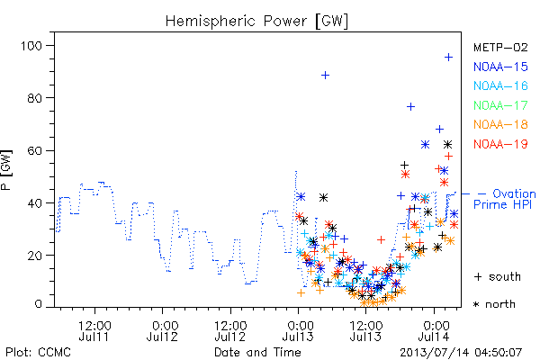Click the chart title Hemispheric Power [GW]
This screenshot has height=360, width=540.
click(x=256, y=22)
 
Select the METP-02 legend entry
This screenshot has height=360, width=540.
click(x=500, y=47)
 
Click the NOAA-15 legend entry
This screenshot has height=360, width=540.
click(x=500, y=67)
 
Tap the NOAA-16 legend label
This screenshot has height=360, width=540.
click(x=500, y=85)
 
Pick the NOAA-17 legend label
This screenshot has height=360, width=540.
click(x=500, y=105)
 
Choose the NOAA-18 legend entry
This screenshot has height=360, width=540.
click(x=500, y=124)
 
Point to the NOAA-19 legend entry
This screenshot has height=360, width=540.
click(x=500, y=144)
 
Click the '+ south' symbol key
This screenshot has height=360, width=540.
click(x=498, y=276)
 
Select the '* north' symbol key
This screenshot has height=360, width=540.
click(x=494, y=304)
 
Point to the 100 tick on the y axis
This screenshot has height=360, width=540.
click(x=31, y=46)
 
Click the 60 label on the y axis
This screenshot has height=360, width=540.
click(x=34, y=150)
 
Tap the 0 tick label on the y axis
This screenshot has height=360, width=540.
click(x=38, y=304)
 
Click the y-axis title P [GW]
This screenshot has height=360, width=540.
click(x=6, y=170)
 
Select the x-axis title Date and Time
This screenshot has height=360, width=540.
click(x=257, y=352)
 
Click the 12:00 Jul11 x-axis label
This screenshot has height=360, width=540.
click(x=94, y=331)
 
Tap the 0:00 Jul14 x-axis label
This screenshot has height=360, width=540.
click(x=435, y=331)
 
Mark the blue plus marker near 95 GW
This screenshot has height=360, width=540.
click(x=448, y=58)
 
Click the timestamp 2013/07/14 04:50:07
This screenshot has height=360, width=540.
click(x=461, y=353)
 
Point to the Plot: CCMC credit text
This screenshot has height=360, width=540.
click(x=38, y=352)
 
